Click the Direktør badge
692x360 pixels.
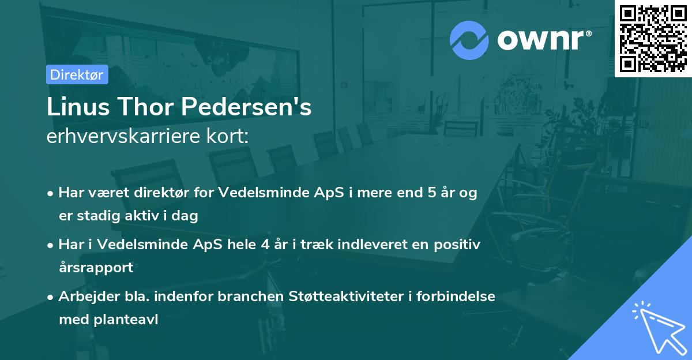[x=77, y=75]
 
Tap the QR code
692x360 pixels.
[x=653, y=38]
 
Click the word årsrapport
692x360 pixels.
[x=96, y=267]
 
